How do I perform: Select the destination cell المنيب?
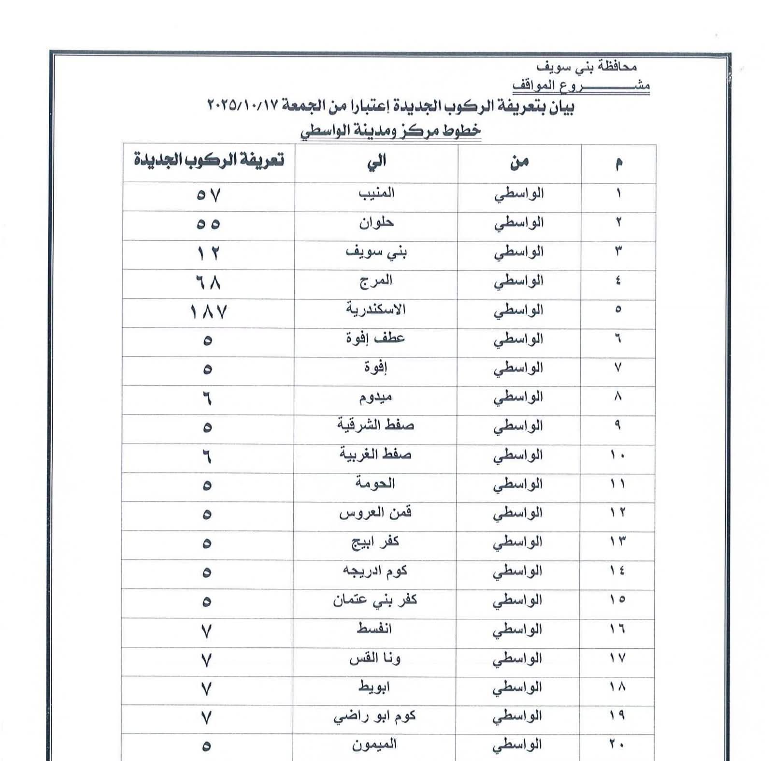pos(376,193)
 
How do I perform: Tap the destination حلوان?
pos(376,223)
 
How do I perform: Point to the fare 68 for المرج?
pos(209,282)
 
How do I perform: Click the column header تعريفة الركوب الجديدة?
pos(209,160)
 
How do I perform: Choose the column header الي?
pos(376,161)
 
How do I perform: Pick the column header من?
pos(519,162)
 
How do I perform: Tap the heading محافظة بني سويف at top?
pos(587,66)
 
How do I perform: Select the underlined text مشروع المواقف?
pos(581,86)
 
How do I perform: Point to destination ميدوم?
pos(375,397)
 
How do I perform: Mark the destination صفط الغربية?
pos(375,454)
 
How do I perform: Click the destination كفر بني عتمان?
pos(374,600)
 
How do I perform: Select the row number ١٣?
pos(617,541)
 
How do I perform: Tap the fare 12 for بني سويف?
pos(209,253)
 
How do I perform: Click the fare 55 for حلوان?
pos(209,224)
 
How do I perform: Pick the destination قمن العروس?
pos(375,512)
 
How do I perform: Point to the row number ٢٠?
pos(617,745)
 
